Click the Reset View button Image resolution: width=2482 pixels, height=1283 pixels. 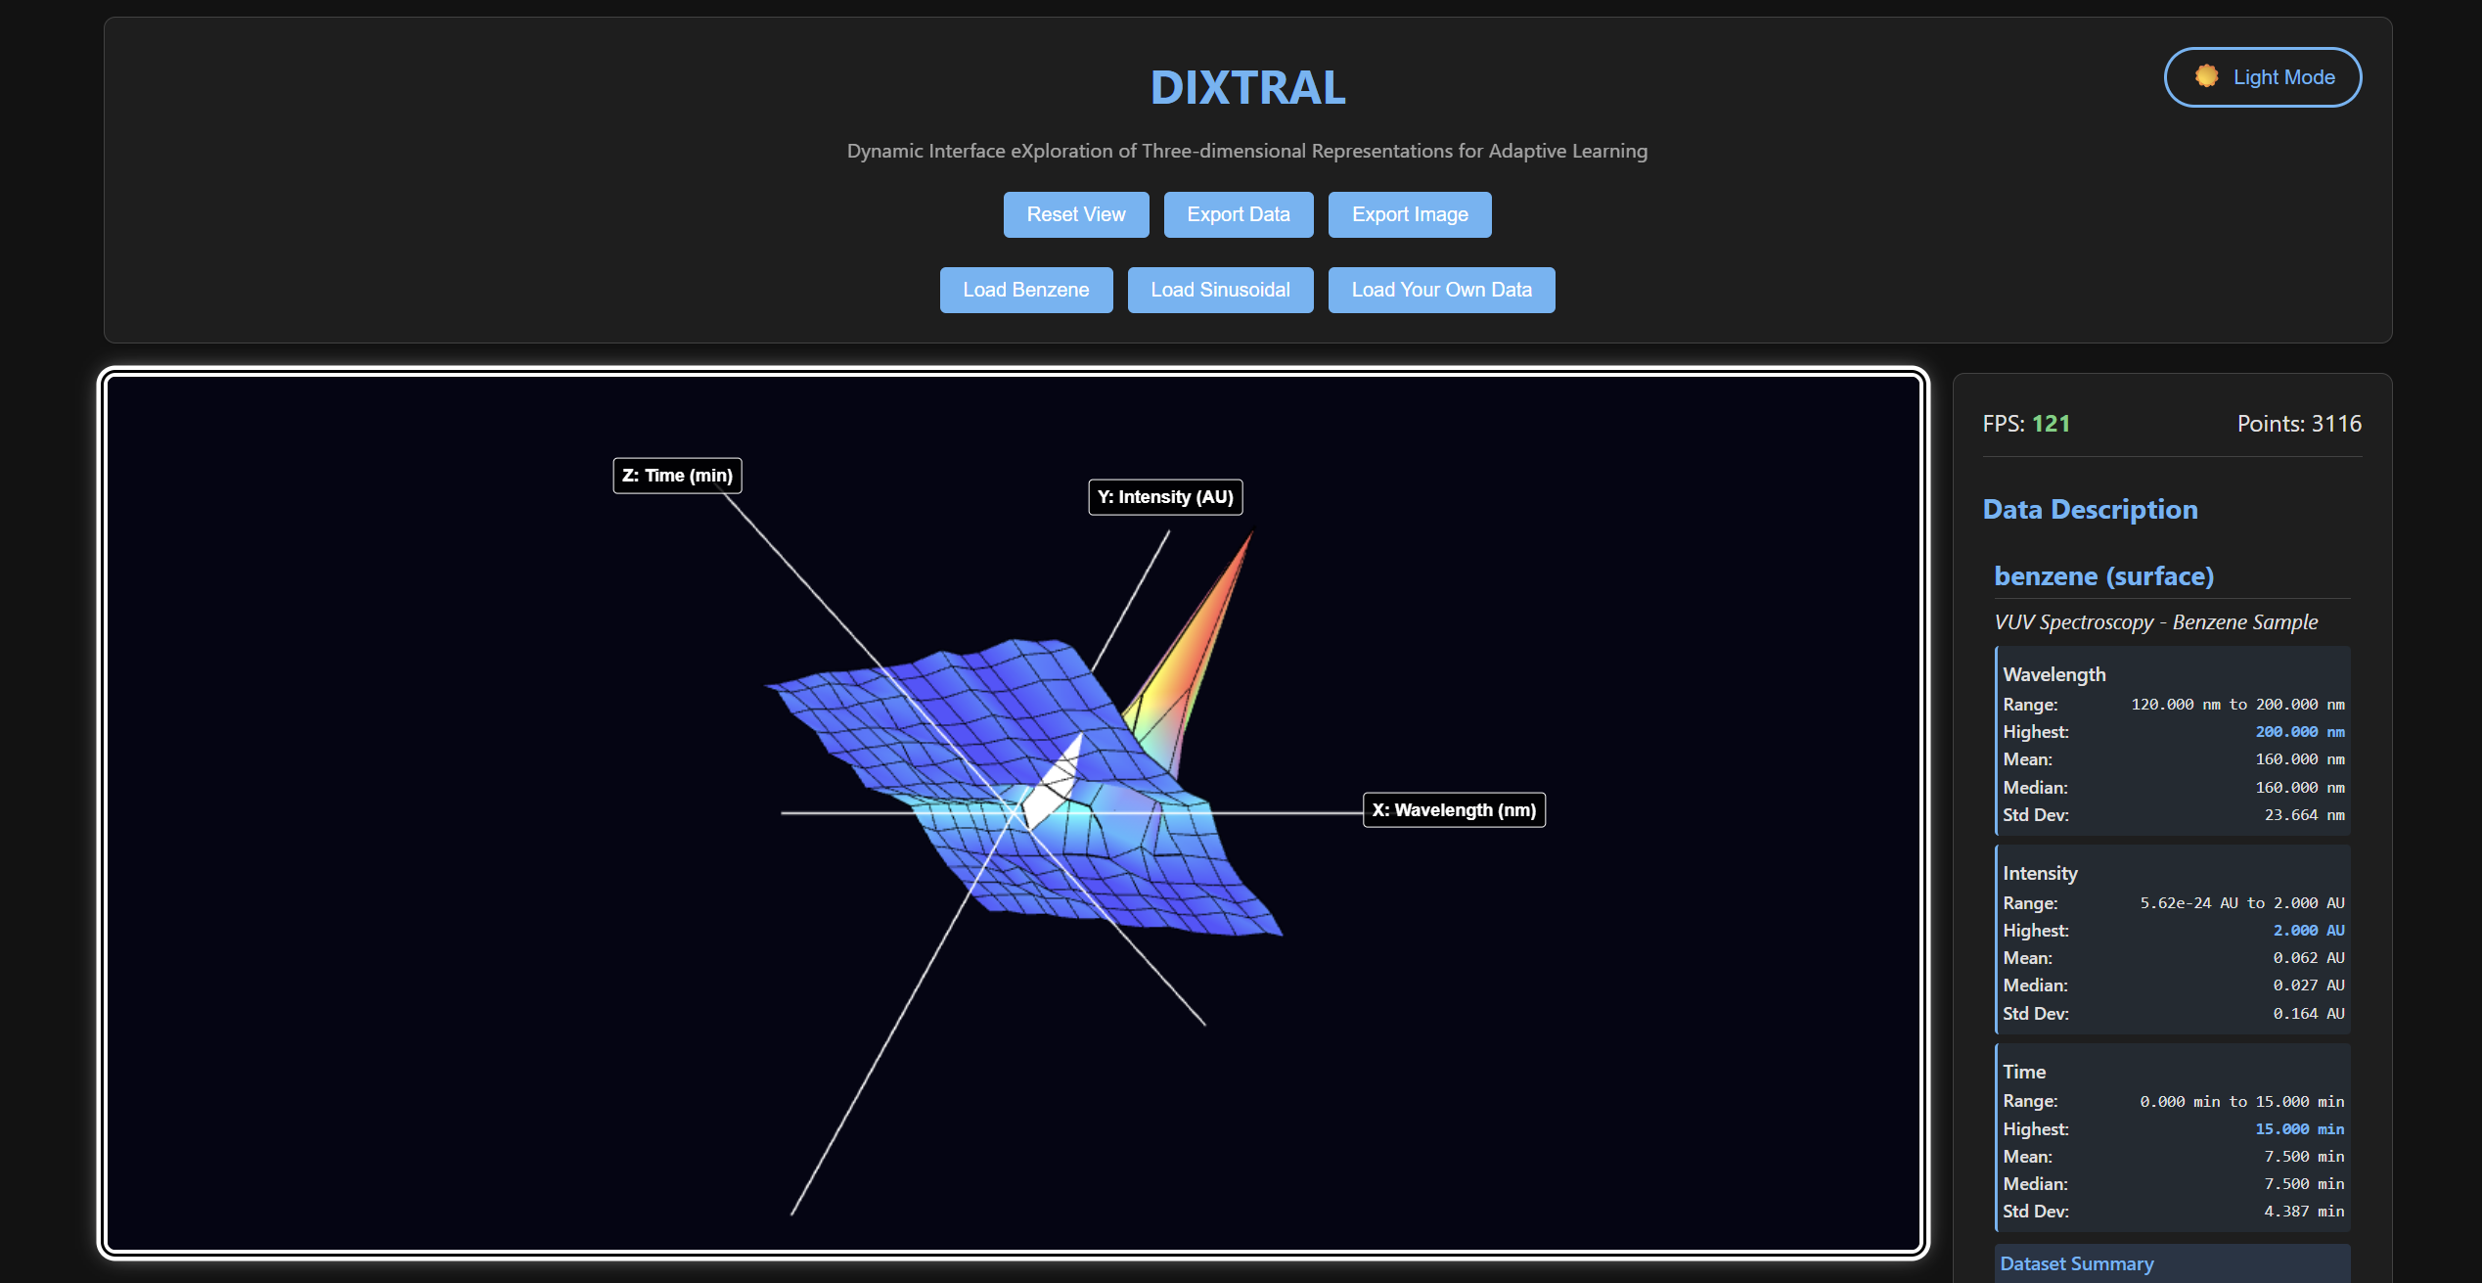tap(1076, 214)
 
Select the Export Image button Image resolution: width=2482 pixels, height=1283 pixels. tap(1410, 214)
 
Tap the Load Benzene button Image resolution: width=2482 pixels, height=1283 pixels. tap(1026, 290)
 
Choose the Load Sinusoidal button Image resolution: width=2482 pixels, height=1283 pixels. tap(1220, 290)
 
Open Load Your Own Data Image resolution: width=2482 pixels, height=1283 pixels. tap(1441, 290)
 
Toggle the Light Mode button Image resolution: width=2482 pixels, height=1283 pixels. tap(2263, 77)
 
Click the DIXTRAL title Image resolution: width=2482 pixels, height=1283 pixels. tap(1247, 88)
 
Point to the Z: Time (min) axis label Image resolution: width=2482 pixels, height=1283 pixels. tap(677, 476)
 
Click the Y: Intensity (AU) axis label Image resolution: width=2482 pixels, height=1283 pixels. tap(1165, 497)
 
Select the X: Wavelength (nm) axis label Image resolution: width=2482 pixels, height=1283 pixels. tap(1454, 810)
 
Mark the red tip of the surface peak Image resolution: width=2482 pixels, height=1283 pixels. tap(1251, 533)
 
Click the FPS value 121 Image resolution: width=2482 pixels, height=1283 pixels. tap(2051, 424)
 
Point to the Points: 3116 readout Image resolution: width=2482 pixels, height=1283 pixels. tap(2299, 424)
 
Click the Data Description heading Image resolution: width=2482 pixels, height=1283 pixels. tap(2090, 510)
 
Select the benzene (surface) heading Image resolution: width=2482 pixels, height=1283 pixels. tap(2103, 576)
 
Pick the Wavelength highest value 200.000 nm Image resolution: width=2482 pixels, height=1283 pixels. tap(2299, 732)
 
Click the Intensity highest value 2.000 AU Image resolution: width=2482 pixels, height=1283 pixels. tap(2308, 931)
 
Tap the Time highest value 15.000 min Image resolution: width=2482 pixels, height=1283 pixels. tap(2299, 1129)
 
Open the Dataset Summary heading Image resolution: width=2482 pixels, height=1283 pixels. tap(2077, 1264)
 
